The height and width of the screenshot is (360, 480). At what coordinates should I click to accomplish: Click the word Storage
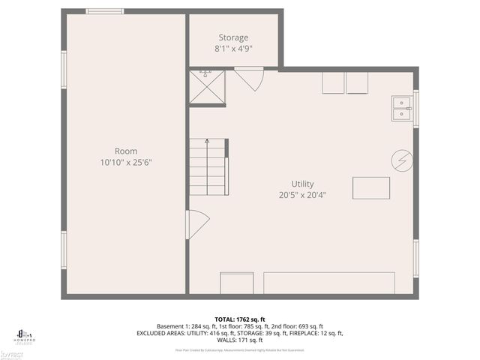(233, 37)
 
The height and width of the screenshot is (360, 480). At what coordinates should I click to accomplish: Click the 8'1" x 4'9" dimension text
(233, 49)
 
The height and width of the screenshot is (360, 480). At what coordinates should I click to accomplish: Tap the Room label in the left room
(126, 151)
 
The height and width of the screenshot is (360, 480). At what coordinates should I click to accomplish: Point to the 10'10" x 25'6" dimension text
(126, 162)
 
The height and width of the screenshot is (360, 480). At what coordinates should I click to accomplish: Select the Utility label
(303, 184)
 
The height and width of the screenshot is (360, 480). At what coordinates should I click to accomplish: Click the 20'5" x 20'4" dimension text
(303, 195)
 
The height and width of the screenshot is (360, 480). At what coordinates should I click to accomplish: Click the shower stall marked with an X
(207, 86)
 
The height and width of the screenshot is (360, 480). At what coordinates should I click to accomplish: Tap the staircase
(208, 166)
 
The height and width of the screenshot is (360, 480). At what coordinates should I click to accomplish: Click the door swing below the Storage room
(248, 78)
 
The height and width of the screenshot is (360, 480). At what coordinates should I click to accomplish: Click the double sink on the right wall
(402, 109)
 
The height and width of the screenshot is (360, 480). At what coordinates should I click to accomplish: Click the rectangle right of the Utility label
(371, 187)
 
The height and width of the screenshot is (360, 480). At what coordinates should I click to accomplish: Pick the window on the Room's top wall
(104, 11)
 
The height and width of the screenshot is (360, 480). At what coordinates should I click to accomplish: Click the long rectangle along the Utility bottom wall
(328, 283)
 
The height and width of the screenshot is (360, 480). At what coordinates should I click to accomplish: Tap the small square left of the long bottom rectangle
(236, 283)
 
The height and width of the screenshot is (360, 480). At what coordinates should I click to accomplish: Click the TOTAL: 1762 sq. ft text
(239, 319)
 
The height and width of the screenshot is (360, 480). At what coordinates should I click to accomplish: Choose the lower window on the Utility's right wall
(415, 259)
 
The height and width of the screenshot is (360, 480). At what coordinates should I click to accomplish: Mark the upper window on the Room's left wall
(64, 70)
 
